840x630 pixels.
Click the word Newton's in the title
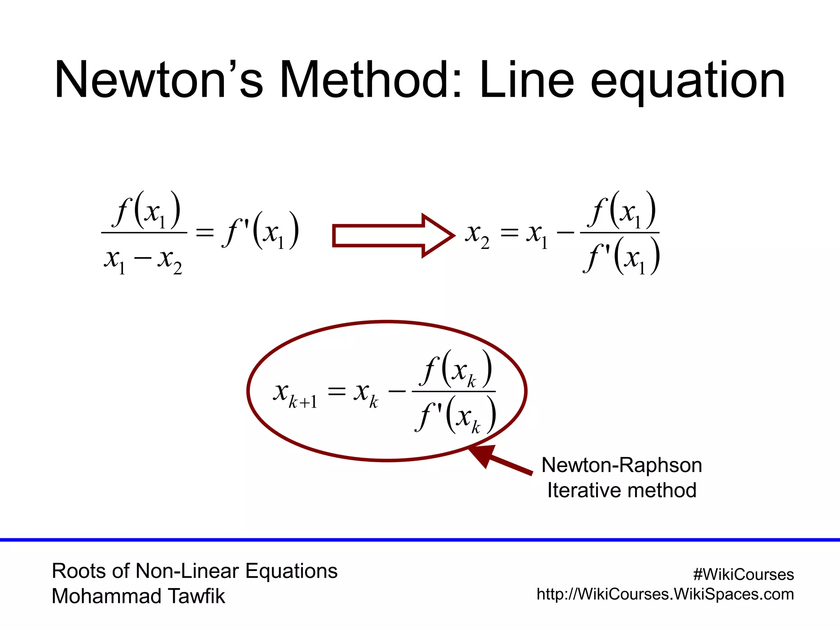(x=158, y=80)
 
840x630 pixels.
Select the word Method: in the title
(x=371, y=80)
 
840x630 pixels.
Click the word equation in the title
(x=687, y=82)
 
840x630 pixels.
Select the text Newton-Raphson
(x=621, y=465)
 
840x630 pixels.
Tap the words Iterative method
(x=621, y=490)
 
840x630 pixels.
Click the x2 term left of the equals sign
(x=477, y=236)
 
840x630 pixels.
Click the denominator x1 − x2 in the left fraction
(x=143, y=261)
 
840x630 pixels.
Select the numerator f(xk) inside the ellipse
(x=455, y=369)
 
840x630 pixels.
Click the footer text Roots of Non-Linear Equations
(x=194, y=571)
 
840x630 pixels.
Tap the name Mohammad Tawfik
(x=138, y=596)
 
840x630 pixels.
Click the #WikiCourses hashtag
(x=743, y=575)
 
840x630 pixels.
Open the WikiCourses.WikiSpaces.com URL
(x=665, y=594)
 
